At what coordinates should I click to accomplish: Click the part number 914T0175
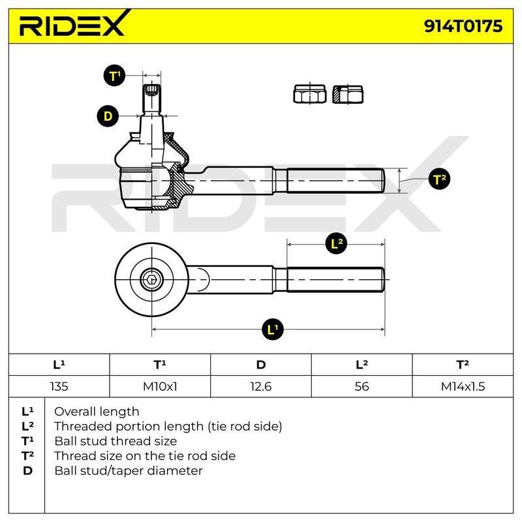463,26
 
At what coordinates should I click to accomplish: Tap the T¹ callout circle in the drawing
114,76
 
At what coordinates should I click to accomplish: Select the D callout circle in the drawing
108,116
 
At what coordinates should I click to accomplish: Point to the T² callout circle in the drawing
439,179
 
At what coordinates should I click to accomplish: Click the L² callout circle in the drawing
337,243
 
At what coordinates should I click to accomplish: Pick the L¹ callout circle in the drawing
272,330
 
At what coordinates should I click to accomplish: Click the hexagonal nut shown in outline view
309,94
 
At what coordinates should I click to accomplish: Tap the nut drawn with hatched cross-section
348,94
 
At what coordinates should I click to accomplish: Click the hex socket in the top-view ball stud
152,279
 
